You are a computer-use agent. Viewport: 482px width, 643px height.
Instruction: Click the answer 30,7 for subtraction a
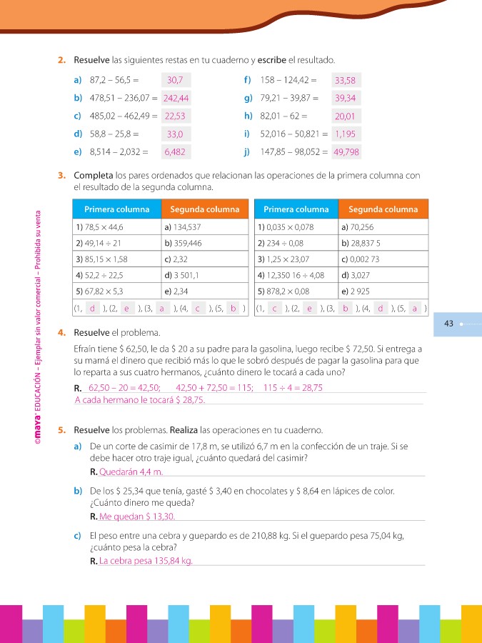pos(176,81)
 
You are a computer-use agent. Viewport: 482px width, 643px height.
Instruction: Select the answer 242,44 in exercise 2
pos(176,98)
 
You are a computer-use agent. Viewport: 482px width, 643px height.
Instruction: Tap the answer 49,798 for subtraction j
pos(346,151)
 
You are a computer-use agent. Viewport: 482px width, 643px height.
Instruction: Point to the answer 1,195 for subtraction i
pos(346,134)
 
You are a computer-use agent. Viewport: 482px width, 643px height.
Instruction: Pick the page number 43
pos(449,324)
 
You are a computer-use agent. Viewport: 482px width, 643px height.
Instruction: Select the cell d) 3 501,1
pos(204,274)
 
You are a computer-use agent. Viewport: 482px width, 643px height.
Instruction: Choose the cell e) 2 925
pos(383,291)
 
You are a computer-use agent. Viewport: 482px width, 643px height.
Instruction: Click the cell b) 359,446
pos(204,243)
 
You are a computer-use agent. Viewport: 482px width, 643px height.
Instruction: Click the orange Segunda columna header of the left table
pos(204,209)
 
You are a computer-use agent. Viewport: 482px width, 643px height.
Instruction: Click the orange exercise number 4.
pos(62,333)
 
